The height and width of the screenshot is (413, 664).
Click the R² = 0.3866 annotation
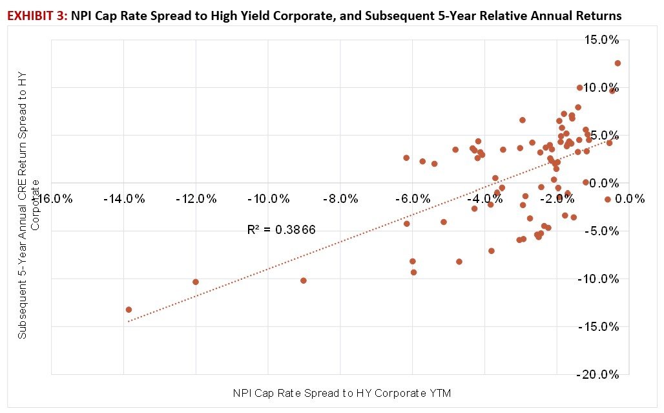point(281,229)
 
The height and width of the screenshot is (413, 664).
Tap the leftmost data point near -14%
point(129,310)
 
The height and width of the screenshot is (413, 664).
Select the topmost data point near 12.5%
point(617,63)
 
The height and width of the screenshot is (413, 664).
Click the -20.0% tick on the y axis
point(600,375)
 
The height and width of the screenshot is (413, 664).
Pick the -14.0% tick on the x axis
point(124,198)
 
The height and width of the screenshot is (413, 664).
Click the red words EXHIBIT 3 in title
point(33,16)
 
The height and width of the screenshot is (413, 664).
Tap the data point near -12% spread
point(196,282)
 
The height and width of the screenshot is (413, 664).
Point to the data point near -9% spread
point(304,281)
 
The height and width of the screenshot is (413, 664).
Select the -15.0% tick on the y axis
point(600,327)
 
